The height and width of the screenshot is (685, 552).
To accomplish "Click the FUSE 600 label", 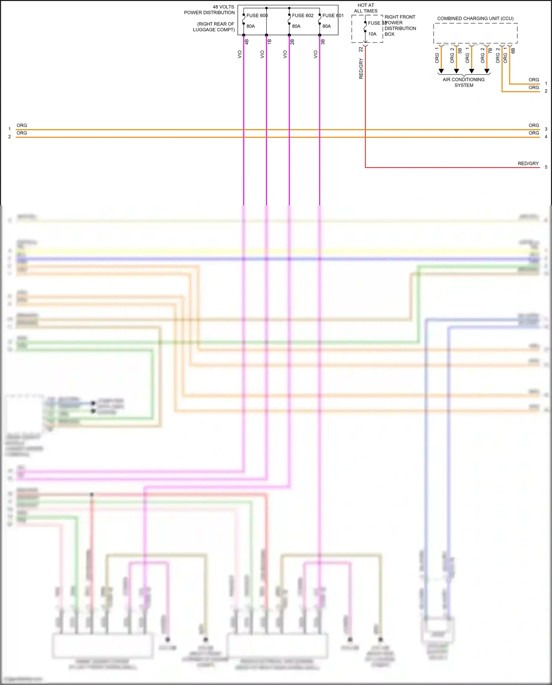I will tap(257, 15).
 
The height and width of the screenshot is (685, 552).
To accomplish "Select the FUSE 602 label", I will tap(302, 15).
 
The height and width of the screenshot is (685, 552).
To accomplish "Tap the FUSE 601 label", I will tap(333, 15).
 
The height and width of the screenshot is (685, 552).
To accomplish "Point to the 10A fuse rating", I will tap(372, 34).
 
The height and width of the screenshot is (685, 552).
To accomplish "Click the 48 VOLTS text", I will tap(223, 7).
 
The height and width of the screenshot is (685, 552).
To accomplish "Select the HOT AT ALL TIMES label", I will tap(366, 8).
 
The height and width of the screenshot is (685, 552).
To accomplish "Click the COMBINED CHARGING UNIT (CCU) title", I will tap(475, 18).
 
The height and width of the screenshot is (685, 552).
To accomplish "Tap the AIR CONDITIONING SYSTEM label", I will tap(464, 82).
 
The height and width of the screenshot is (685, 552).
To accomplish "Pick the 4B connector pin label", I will tap(247, 42).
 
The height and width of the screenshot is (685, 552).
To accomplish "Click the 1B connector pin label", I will tap(270, 42).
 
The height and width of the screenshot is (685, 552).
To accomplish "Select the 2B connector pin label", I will tap(293, 42).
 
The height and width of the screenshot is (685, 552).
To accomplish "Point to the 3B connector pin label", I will tap(323, 42).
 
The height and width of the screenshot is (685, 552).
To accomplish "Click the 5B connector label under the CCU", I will tap(460, 50).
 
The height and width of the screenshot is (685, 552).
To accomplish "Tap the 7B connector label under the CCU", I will tap(490, 50).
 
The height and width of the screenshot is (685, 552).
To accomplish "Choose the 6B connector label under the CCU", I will tap(513, 50).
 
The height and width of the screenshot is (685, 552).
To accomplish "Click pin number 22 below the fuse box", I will tap(361, 49).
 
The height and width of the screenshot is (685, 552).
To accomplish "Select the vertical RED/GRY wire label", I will tap(361, 68).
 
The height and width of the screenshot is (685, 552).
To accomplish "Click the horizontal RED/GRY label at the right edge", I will tap(528, 163).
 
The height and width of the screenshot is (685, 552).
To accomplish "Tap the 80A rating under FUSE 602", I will tap(296, 26).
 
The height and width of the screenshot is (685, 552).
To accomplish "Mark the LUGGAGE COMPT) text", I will tap(214, 30).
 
